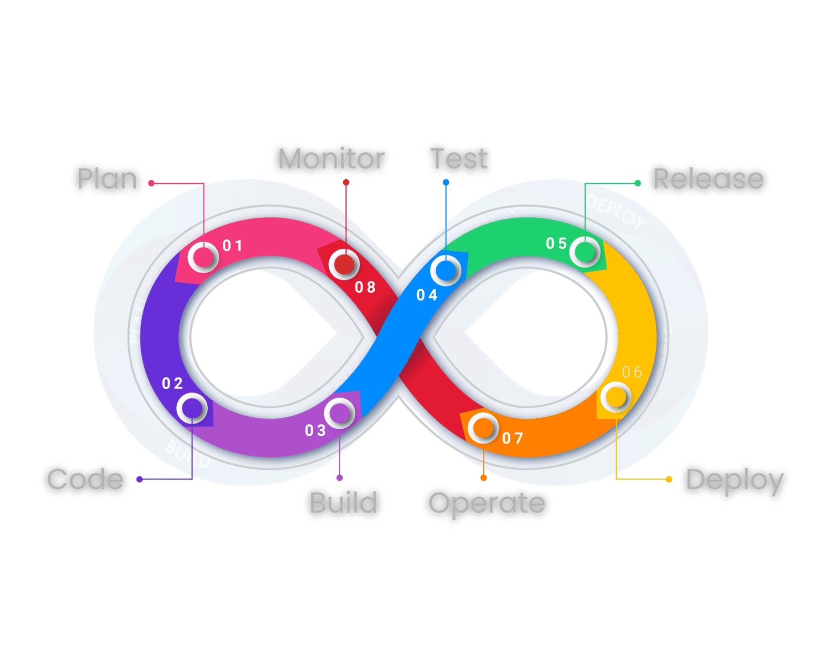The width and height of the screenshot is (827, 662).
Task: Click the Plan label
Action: pos(107,179)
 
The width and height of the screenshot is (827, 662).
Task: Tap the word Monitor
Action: pos(331,159)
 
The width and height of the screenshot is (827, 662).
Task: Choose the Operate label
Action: pos(486,503)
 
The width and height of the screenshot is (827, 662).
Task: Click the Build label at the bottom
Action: pos(344,503)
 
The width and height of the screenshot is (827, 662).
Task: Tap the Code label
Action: pos(85,480)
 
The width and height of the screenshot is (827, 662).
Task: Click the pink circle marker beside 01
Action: pos(203,257)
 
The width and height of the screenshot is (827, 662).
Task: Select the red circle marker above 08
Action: pos(344,264)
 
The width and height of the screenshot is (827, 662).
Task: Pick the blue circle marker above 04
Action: pos(446,270)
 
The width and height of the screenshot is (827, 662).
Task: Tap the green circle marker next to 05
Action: pos(585,251)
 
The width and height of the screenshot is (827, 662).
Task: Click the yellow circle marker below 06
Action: pos(615,397)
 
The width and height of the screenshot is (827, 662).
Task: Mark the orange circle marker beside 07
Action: pos(483,428)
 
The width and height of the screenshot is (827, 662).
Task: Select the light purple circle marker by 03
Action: pos(339,413)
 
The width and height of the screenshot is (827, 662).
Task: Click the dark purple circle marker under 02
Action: pos(192,408)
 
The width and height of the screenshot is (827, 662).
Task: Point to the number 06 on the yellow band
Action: pos(632,372)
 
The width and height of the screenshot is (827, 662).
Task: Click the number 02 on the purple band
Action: pos(173,383)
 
